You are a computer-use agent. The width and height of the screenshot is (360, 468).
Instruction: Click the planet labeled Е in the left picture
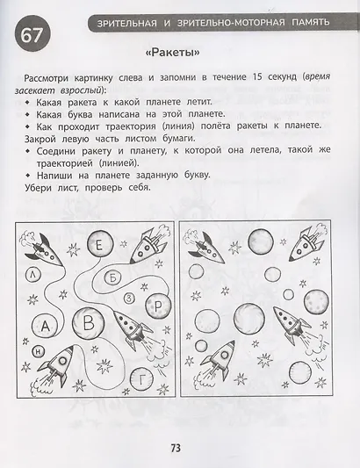pos(101,245)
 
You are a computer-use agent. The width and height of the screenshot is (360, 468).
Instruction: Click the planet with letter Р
pos(155,306)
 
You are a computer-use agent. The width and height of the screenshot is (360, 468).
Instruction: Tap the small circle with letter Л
pos(32,273)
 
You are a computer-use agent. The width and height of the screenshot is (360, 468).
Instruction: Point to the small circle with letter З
pos(129,299)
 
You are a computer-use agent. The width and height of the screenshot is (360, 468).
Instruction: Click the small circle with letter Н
pos(37,351)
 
